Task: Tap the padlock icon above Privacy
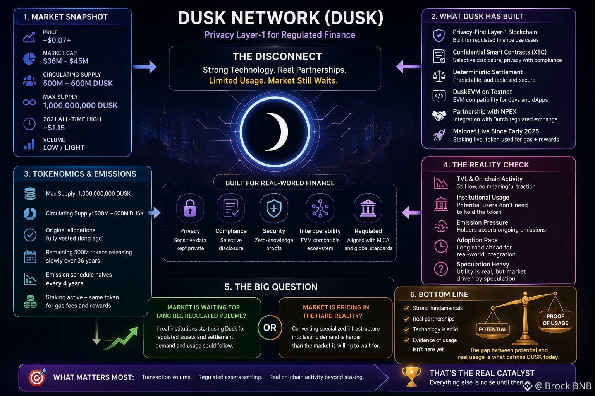[190, 208]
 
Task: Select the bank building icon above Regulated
[368, 208]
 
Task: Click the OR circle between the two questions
[270, 328]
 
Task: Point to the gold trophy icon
[411, 376]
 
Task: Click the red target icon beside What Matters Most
[37, 377]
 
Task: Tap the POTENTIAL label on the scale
[493, 329]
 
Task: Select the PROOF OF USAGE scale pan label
[555, 320]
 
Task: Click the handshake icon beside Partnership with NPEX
[439, 115]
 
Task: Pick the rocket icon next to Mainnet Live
[439, 135]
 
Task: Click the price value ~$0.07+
[57, 40]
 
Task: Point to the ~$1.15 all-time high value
[54, 128]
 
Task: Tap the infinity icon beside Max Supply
[29, 102]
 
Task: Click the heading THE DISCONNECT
[277, 56]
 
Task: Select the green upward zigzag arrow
[121, 338]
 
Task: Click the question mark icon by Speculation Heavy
[441, 269]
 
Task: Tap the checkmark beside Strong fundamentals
[406, 308]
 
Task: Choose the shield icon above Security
[274, 208]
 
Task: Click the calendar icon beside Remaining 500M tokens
[30, 257]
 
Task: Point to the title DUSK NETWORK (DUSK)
[280, 18]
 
